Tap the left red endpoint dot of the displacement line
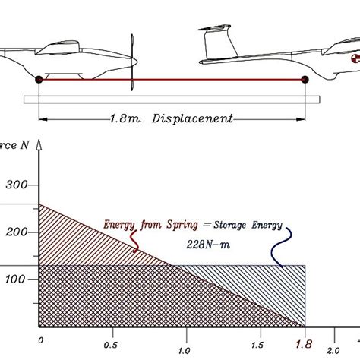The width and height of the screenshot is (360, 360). [x=39, y=79]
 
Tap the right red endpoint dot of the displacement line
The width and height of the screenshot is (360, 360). [x=305, y=79]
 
